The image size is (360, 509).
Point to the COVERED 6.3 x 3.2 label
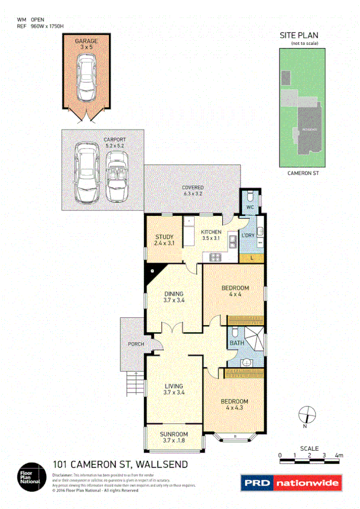pos(193,190)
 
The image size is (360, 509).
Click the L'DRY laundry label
pos(247,236)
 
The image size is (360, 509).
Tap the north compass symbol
pos(306,414)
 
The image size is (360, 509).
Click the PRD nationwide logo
pos(291,483)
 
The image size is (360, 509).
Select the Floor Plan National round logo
pos(30,475)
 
